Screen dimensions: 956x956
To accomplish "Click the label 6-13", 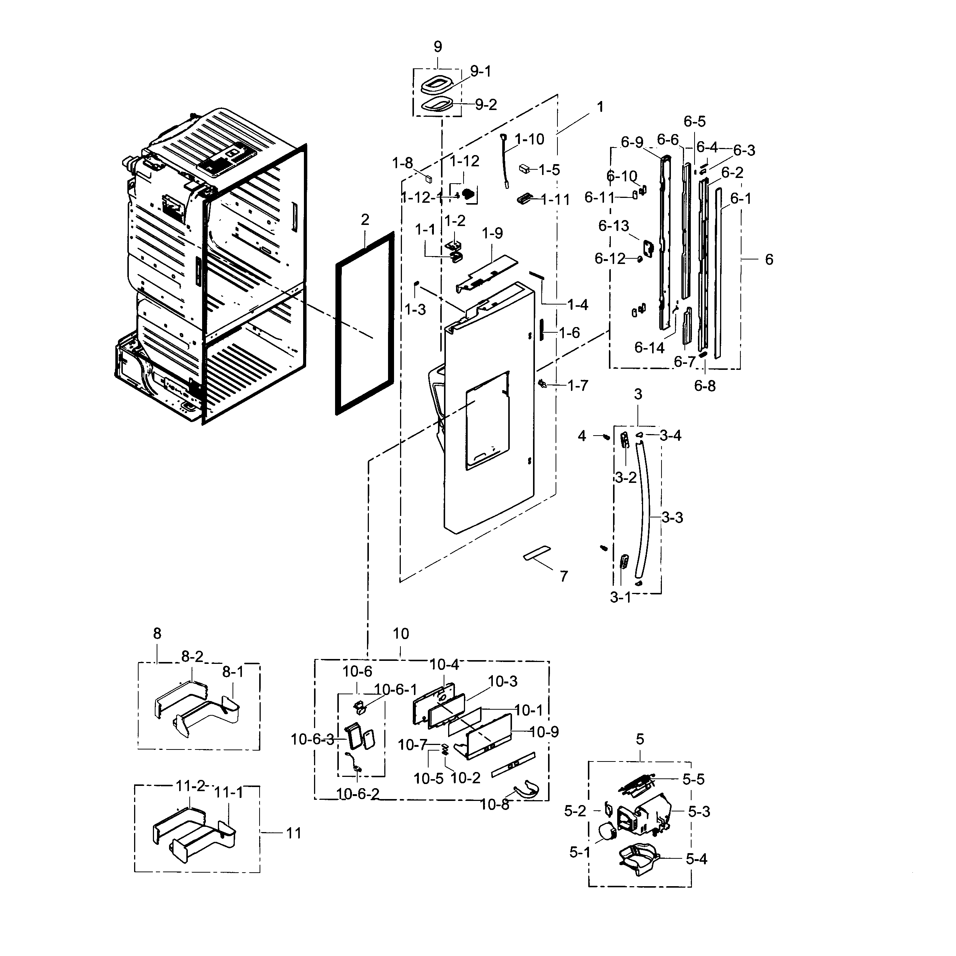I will [613, 226].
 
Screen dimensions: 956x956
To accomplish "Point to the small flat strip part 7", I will [537, 553].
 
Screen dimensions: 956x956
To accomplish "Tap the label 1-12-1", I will [422, 198].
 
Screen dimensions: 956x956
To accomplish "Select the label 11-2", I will [190, 786].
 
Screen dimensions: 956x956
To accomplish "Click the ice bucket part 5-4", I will [638, 858].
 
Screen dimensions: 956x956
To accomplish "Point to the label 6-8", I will [704, 386].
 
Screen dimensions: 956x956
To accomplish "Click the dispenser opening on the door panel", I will [487, 421].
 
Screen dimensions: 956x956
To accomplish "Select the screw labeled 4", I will [606, 436].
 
